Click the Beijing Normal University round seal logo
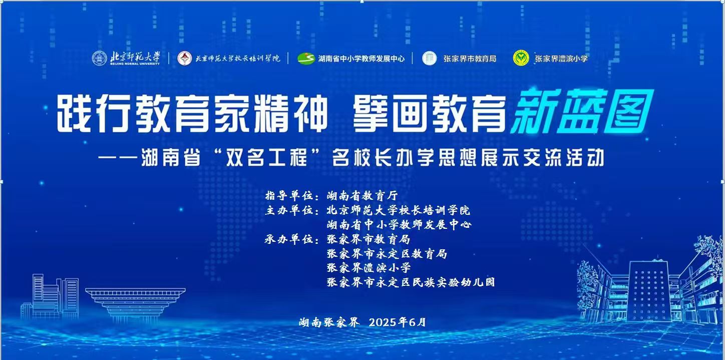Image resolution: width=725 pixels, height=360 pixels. (99, 58)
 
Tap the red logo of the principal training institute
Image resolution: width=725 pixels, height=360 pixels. (185, 58)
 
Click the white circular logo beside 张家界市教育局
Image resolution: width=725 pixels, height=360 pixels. (430, 58)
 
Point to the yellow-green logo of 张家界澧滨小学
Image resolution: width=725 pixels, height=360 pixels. (521, 58)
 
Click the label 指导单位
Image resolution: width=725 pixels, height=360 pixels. (290, 196)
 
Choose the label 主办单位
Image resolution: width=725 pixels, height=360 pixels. (290, 210)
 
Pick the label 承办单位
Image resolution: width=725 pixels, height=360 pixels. (290, 239)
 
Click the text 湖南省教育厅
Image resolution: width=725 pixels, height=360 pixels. (362, 196)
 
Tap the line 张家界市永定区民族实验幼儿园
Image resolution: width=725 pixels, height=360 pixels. (411, 282)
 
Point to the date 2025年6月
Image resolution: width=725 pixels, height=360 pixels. (398, 322)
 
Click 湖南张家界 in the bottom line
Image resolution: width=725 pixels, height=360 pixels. (329, 322)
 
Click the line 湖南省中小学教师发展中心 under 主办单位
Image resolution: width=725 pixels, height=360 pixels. (399, 224)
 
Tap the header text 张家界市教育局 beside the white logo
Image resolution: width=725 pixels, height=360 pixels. (470, 59)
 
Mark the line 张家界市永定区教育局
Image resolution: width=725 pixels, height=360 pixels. (387, 253)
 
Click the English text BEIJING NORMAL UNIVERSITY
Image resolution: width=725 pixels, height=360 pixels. (135, 64)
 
